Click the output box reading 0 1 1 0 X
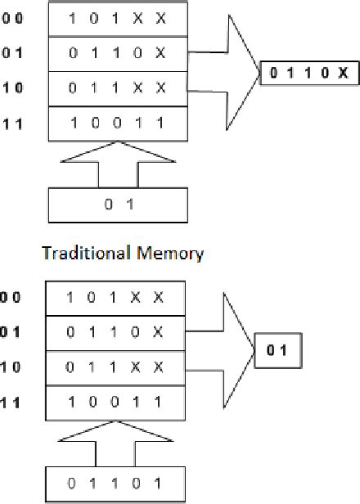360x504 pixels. tap(309, 73)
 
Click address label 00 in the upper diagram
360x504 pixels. tap(12, 17)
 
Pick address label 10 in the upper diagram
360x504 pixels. tap(12, 88)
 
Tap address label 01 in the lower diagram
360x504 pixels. tap(12, 332)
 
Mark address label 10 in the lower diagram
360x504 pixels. tap(12, 367)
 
